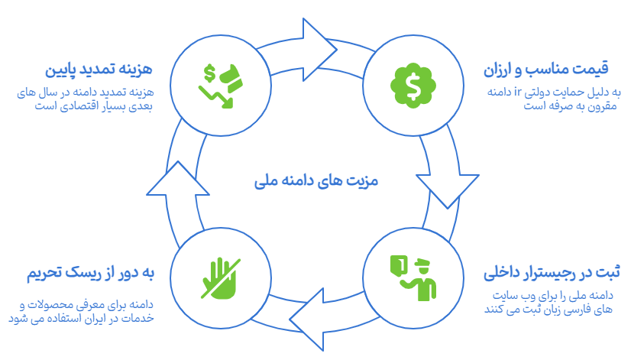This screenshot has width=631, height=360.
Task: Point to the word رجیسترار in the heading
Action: (547, 272)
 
